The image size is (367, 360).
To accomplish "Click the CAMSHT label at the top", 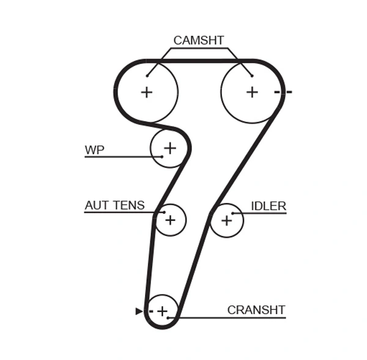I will [198, 40].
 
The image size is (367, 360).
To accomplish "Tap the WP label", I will [94, 150].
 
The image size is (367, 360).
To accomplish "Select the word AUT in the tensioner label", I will [96, 205].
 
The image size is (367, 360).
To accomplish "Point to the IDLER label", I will [269, 206].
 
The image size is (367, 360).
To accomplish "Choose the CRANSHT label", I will [256, 310].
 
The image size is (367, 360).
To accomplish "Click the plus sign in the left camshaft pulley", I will [146, 92].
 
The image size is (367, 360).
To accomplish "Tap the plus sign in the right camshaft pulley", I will [252, 92].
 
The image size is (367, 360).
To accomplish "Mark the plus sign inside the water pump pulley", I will [169, 147].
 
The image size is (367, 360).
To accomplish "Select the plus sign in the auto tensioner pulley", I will [170, 219].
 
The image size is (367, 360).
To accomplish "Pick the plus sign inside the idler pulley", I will [226, 220].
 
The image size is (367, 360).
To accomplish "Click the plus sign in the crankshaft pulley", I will [161, 311].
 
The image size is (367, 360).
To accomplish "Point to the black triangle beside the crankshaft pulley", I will [139, 311].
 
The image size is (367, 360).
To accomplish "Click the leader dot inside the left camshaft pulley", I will [147, 76].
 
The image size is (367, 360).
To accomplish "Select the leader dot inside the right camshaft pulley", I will [251, 76].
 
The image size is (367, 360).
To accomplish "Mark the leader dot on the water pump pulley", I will [161, 157].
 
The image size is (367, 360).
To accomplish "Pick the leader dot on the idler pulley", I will [233, 213].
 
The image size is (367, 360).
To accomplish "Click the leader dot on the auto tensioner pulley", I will [164, 213].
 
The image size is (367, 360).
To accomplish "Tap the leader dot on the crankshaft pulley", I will [177, 317].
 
